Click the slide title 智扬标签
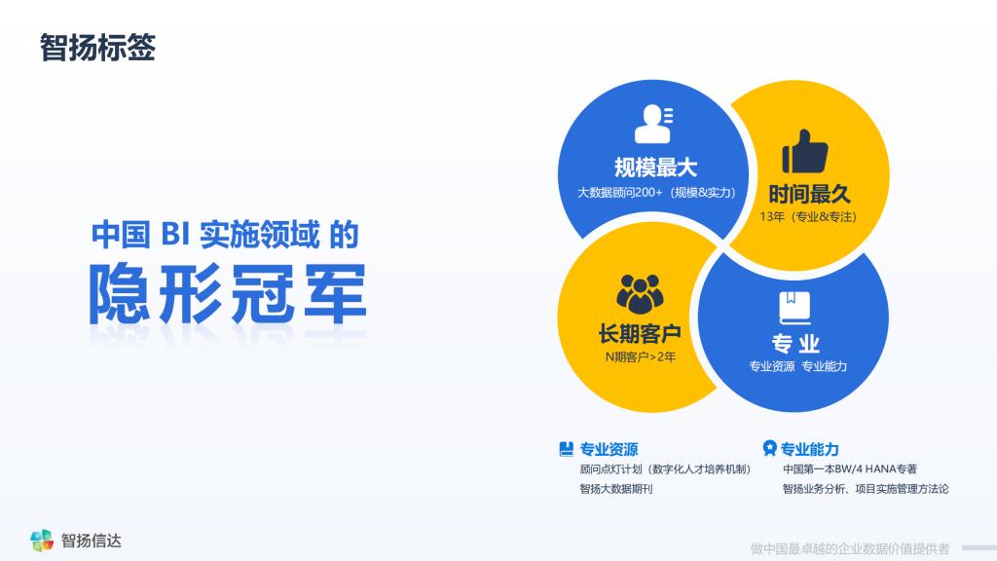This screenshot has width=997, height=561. point(97,48)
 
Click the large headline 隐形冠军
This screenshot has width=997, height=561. point(228,293)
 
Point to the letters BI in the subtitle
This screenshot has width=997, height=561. point(175,234)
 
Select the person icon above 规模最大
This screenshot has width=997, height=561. point(653,124)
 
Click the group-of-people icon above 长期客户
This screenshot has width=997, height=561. point(640,294)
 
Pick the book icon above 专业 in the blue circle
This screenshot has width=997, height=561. point(794,308)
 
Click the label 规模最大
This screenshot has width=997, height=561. point(655,168)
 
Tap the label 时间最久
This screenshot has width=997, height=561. point(809,194)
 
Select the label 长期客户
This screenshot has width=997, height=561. point(640,333)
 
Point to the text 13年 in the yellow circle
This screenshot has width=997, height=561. point(772,217)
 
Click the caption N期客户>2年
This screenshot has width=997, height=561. point(641,356)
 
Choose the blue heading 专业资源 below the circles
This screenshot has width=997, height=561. point(609,449)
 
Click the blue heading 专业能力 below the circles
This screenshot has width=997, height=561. point(809,449)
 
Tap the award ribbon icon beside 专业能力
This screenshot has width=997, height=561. point(769,448)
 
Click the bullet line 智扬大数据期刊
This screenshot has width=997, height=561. point(616,489)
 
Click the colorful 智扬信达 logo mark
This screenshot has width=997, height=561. point(42,540)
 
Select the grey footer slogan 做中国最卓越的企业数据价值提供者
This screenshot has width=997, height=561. point(849,548)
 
